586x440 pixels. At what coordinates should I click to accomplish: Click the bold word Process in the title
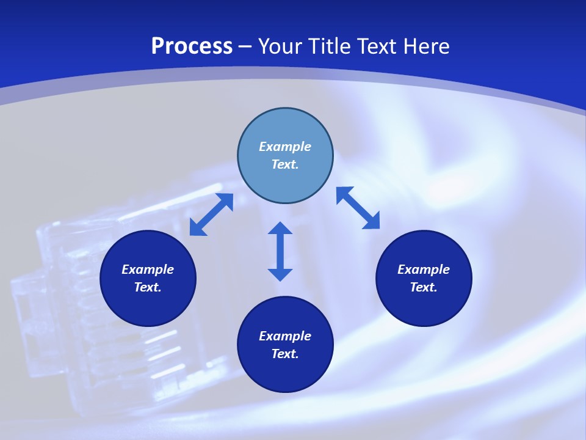click(192, 46)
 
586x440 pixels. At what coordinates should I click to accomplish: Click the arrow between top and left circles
click(211, 215)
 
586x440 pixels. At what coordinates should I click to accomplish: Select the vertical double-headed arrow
click(280, 251)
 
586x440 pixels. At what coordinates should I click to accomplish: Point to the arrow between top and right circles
click(358, 208)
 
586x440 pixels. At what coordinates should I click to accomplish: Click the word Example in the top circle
click(285, 147)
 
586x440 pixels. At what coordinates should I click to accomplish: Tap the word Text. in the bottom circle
click(285, 354)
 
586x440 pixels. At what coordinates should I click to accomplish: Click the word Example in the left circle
click(148, 269)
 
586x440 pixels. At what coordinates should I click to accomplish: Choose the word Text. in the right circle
click(424, 287)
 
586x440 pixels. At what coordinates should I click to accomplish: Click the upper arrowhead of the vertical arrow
click(280, 229)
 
